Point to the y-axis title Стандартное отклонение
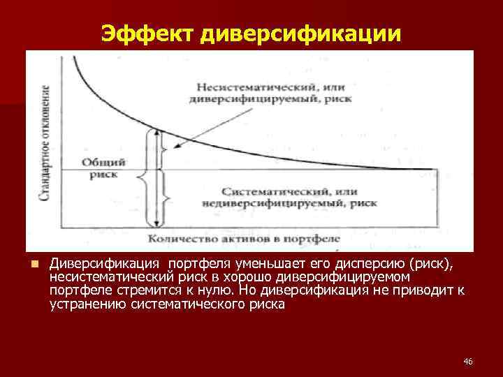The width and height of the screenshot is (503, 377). point(44,143)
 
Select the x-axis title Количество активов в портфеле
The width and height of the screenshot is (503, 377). point(243,239)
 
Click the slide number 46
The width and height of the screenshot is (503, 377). point(468,361)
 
